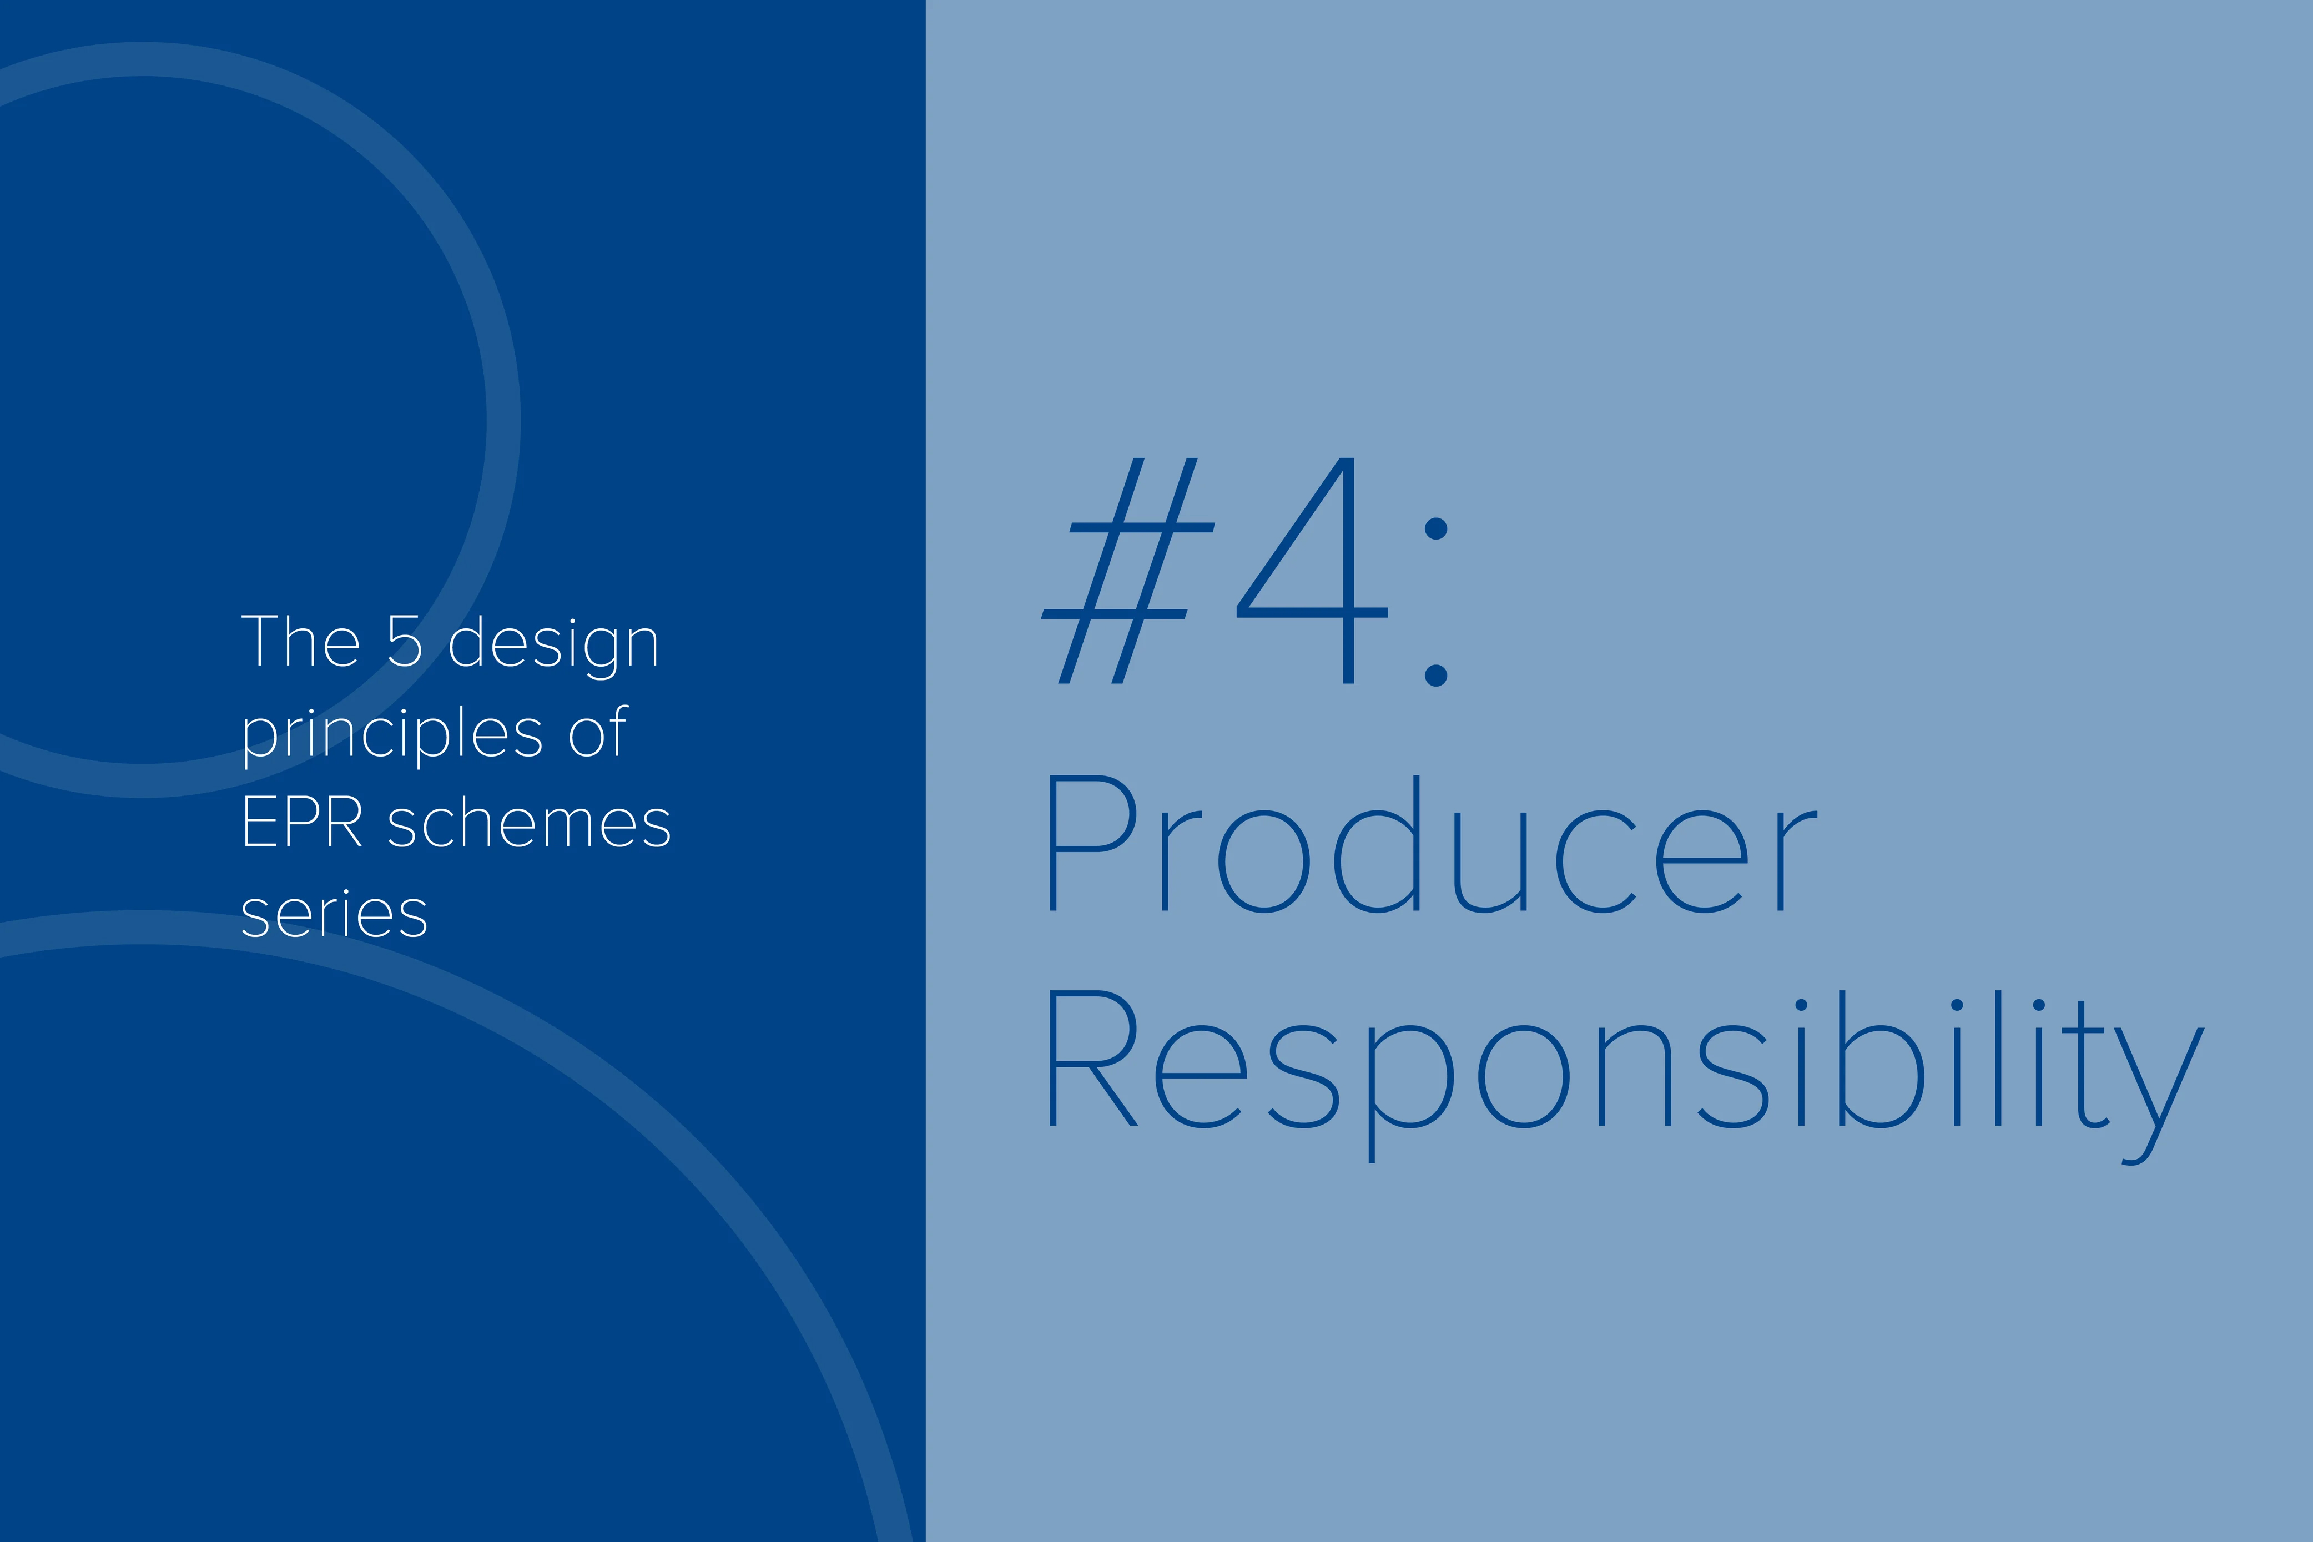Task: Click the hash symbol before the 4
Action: (1128, 571)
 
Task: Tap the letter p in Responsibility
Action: (1411, 1095)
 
